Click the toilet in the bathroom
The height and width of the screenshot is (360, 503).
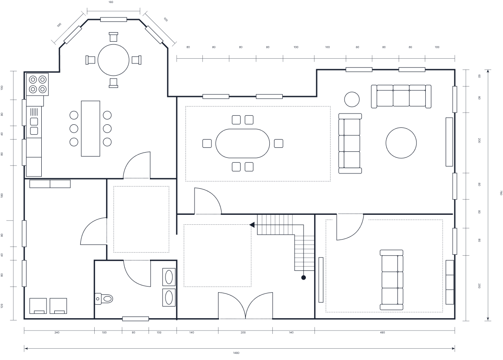[105, 298]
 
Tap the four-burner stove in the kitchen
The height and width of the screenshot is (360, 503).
[37, 84]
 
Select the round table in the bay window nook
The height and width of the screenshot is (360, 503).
[113, 60]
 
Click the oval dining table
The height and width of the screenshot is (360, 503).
[242, 143]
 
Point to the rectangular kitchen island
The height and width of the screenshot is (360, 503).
[90, 128]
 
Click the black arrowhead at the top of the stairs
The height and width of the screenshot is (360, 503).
[252, 225]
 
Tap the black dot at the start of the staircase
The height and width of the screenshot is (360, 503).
[304, 277]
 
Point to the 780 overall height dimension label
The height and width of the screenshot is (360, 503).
[500, 193]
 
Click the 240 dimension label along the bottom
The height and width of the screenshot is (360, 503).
[57, 333]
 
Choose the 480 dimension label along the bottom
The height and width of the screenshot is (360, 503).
[382, 333]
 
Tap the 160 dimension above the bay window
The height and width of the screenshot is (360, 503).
[110, 2]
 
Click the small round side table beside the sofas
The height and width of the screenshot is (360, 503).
[352, 99]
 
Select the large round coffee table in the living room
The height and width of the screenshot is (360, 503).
[401, 143]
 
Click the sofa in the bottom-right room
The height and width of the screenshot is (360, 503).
[391, 280]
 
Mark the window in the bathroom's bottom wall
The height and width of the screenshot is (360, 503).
[136, 319]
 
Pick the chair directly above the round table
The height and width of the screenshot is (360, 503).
[113, 37]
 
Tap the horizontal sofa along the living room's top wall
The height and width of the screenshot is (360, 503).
[401, 96]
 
